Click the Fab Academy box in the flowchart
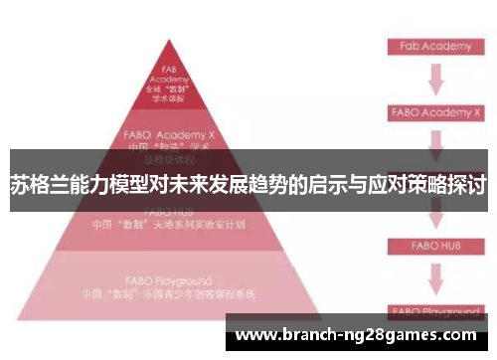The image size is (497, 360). coord(434,46)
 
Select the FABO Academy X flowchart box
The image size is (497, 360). coord(434,113)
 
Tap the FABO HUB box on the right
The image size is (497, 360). coord(434,244)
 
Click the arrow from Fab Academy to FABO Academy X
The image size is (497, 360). coord(434,79)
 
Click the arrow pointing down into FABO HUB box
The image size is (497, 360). coord(434,217)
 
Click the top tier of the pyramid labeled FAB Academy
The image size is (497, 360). coord(168,84)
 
